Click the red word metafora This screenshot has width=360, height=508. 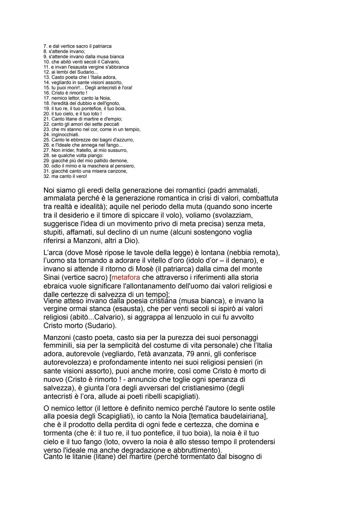pyautogui.click(x=126, y=277)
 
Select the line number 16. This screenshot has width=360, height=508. pyautogui.click(x=46, y=93)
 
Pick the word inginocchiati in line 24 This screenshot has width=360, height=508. pyautogui.click(x=65, y=135)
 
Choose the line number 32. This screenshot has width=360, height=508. pyautogui.click(x=46, y=176)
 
